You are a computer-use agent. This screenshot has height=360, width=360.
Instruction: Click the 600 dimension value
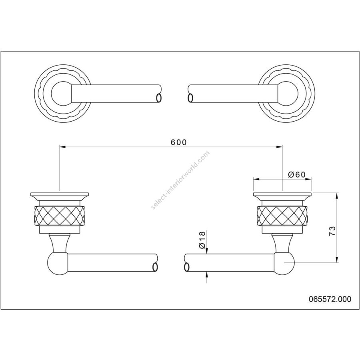pos(179,142)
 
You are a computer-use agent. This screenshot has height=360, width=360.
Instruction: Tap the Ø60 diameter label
pos(297,175)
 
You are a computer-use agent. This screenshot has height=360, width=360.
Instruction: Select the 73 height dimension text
pos(332,231)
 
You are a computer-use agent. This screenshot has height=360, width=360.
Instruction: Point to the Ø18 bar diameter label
pos(202,240)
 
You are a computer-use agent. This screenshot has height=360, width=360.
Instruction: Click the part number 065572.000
pos(330,299)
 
